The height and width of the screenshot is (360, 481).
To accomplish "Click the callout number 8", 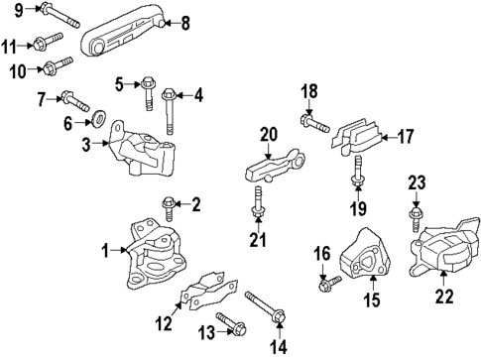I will point(183,21).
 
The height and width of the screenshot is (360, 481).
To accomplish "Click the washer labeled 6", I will point(100,123).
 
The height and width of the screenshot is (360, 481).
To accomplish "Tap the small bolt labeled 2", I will point(167,208).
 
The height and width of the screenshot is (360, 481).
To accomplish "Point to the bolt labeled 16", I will point(324,286).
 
